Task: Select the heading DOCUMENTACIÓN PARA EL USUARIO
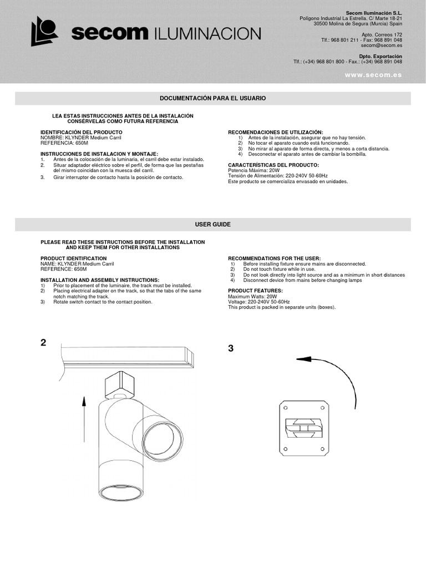(213, 98)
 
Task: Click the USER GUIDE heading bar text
(213, 224)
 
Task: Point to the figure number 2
(44, 343)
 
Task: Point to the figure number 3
(231, 348)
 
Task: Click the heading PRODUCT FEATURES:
(256, 291)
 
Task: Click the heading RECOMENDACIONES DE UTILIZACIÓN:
(276, 132)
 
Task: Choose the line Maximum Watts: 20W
(252, 296)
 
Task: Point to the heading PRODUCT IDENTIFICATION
(74, 258)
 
